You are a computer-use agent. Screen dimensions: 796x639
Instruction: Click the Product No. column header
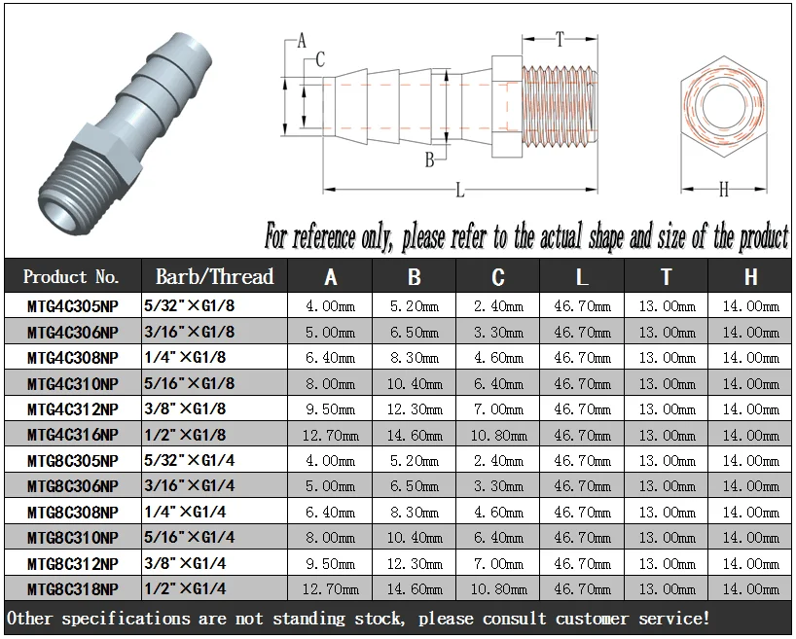click(71, 276)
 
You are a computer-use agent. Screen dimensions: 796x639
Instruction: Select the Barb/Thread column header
click(214, 276)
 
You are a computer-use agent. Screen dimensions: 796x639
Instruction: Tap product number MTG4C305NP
click(73, 306)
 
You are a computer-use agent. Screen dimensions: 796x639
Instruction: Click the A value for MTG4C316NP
click(331, 435)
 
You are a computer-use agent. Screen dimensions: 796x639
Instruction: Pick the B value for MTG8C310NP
click(415, 538)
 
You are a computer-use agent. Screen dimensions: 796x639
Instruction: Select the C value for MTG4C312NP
click(498, 409)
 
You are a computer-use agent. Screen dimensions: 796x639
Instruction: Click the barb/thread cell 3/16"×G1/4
click(189, 485)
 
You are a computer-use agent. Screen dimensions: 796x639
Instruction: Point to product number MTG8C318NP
click(73, 589)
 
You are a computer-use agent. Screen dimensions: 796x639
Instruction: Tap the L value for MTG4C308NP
click(582, 358)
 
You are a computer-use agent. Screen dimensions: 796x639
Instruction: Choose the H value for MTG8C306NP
click(751, 486)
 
